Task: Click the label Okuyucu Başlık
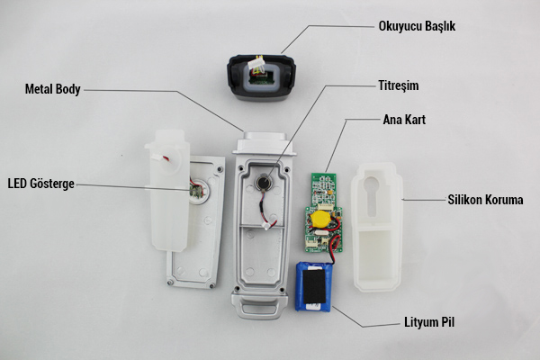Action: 417,26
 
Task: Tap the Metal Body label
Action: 53,89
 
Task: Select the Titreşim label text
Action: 399,85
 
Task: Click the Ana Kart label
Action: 404,120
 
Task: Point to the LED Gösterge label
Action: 41,184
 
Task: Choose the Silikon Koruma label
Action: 485,200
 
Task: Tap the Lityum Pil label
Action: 429,322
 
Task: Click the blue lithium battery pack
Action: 314,286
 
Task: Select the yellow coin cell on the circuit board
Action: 320,219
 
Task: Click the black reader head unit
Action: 261,77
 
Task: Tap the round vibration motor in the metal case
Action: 264,182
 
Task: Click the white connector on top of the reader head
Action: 256,63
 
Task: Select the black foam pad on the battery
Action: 314,286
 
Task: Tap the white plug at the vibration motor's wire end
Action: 266,226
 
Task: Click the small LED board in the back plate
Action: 196,192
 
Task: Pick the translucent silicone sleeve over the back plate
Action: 168,190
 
